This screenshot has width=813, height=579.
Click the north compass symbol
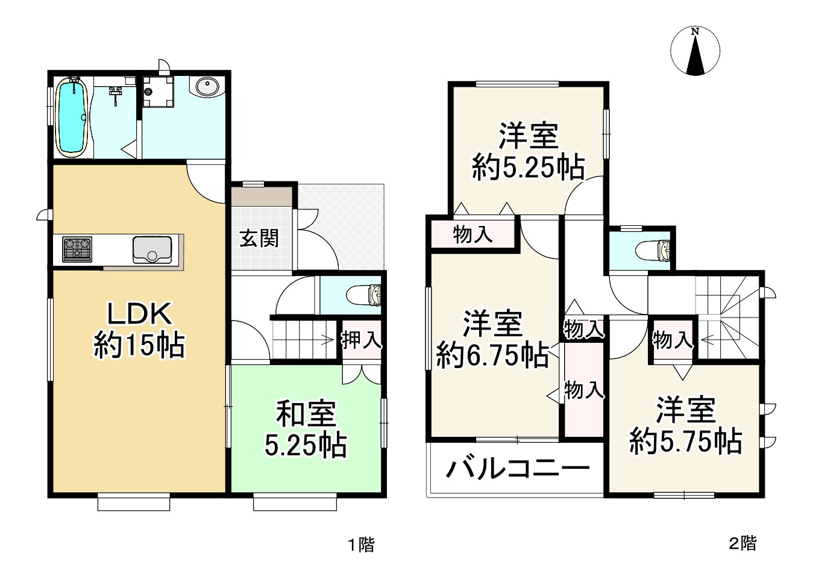click(695, 52)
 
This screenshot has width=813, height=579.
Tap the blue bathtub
click(72, 118)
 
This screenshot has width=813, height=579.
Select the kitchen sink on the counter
click(152, 249)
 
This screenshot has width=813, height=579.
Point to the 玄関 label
click(259, 239)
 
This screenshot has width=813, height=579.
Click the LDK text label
click(140, 314)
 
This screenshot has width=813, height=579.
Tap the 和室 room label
click(306, 415)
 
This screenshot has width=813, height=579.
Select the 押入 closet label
click(361, 340)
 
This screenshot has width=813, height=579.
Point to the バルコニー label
click(516, 468)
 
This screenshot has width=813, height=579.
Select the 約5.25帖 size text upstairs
click(528, 167)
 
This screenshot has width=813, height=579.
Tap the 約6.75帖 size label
click(492, 355)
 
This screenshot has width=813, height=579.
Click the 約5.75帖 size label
click(685, 442)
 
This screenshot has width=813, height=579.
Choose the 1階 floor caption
click(360, 545)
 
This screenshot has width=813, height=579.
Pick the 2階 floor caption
click(742, 543)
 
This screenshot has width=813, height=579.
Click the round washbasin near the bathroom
click(207, 87)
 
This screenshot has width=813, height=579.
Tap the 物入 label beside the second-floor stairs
click(672, 340)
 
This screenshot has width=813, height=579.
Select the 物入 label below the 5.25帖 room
click(472, 234)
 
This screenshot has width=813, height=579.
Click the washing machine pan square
click(158, 92)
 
